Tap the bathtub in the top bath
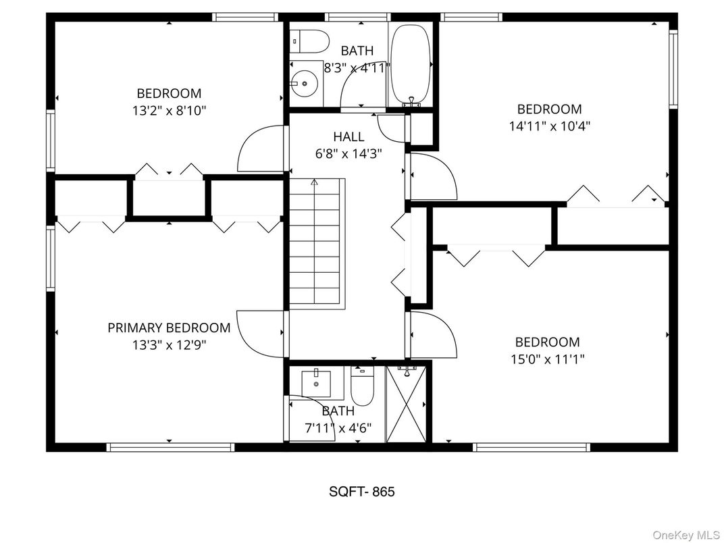click(x=411, y=65)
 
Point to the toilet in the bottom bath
click(x=362, y=385)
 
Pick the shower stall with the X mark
click(x=407, y=405)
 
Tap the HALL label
click(x=348, y=137)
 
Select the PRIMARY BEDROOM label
click(x=169, y=328)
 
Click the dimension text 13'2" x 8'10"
click(x=169, y=110)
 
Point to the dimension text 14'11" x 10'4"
click(x=549, y=126)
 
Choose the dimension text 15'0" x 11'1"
click(x=547, y=359)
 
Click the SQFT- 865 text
click(x=361, y=492)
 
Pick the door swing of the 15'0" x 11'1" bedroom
click(x=432, y=334)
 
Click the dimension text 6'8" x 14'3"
click(x=348, y=153)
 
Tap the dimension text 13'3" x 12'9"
click(x=169, y=345)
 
